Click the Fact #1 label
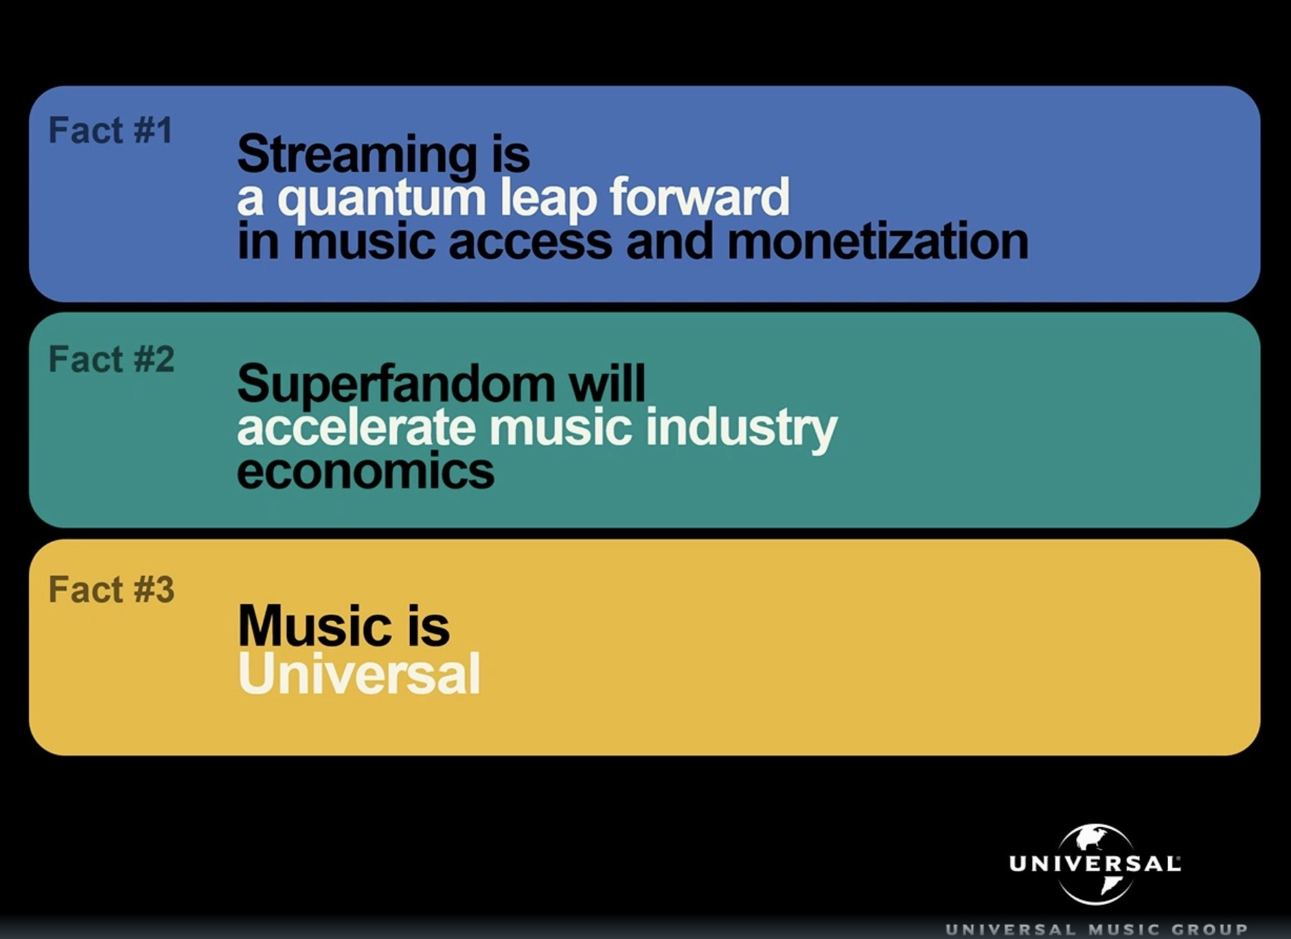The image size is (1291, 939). click(x=111, y=130)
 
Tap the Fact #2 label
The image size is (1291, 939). click(x=111, y=359)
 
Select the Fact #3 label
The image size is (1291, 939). click(x=111, y=590)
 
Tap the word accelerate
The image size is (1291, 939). click(x=356, y=427)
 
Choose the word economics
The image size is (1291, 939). click(x=365, y=471)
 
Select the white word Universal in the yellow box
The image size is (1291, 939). click(x=359, y=673)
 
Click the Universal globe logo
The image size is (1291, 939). click(x=1095, y=864)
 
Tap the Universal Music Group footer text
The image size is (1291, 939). click(x=1097, y=930)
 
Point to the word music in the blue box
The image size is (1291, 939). click(x=365, y=242)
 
